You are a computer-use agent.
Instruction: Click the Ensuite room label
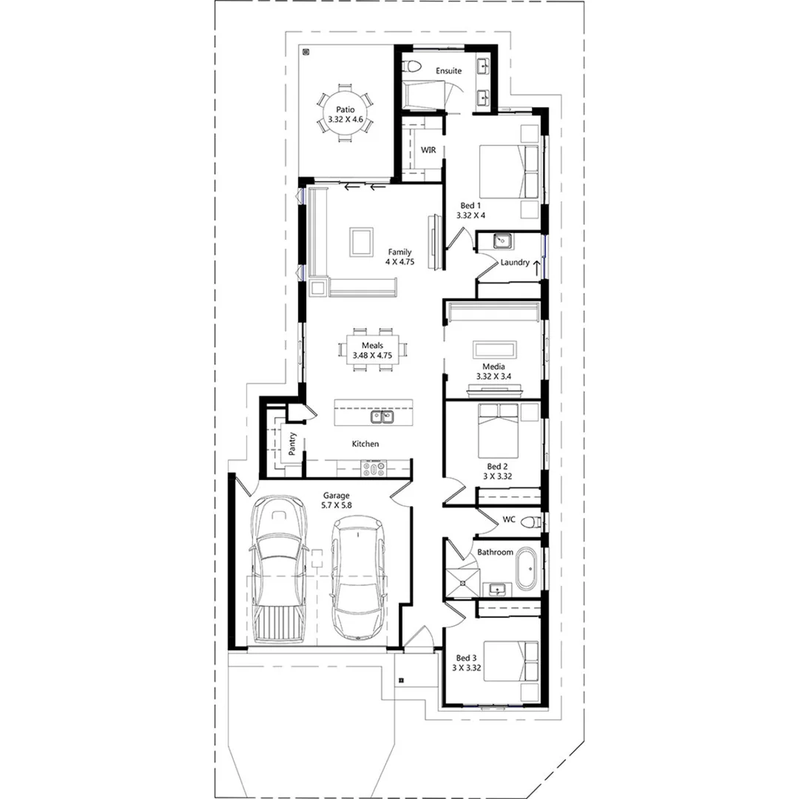click(x=448, y=71)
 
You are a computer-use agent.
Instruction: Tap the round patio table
click(x=345, y=118)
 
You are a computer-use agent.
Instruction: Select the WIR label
click(x=428, y=150)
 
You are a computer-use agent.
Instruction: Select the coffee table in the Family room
click(x=363, y=241)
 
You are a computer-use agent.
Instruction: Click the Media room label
click(x=493, y=367)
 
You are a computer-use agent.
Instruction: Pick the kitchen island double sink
click(x=383, y=417)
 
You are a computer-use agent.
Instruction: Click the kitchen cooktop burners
click(x=374, y=468)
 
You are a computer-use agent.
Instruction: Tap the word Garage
click(x=336, y=496)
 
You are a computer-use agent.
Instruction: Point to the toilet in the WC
click(x=528, y=522)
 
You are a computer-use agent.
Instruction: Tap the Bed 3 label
click(x=466, y=658)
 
